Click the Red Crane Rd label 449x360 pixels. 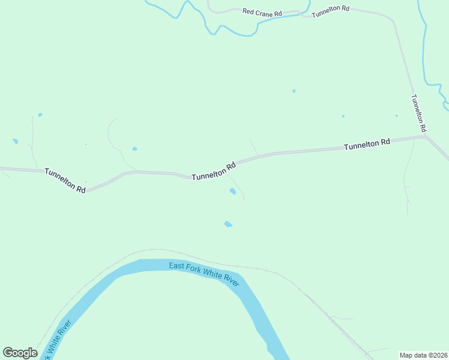[262, 12]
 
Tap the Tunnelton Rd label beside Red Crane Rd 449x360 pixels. [330, 8]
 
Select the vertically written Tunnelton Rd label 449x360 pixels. [418, 113]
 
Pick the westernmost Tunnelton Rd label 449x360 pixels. [65, 179]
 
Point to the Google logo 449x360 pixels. [20, 353]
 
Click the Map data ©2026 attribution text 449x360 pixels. [424, 355]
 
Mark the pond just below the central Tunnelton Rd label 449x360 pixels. [232, 191]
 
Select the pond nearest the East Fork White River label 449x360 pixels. [228, 224]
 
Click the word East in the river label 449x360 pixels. [176, 266]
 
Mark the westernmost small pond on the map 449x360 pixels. [15, 142]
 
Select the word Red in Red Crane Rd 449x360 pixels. [247, 11]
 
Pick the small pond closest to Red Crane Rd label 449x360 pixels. [294, 91]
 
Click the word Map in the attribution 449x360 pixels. [406, 355]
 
